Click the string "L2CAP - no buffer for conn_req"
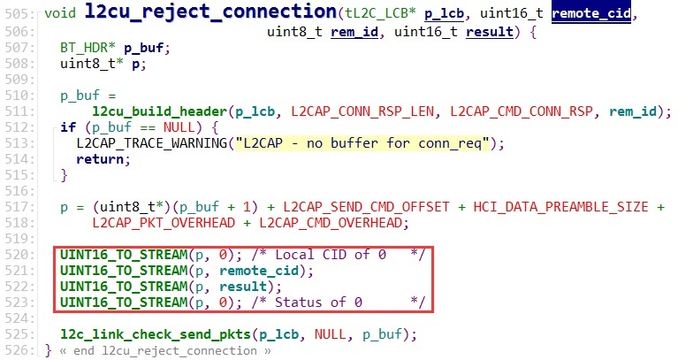363,143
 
